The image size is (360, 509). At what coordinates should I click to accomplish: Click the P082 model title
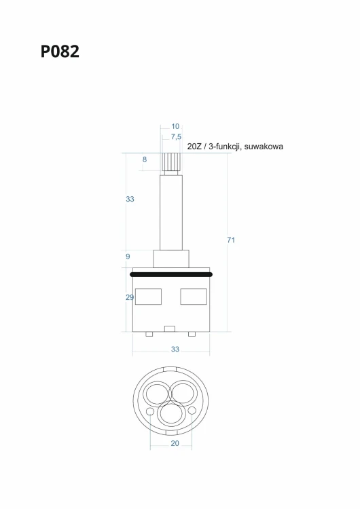coord(60,52)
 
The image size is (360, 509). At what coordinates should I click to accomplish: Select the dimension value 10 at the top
coord(175,126)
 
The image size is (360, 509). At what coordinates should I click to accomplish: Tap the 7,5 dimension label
coord(176,137)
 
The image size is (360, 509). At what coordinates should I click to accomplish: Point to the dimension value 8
coord(145,159)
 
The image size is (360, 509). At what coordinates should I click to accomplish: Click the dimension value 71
coord(231,240)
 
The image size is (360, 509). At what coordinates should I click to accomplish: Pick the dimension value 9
coord(128,257)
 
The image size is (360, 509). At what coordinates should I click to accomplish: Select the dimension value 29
coord(130,297)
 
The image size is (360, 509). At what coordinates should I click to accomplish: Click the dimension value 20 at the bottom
coord(175,443)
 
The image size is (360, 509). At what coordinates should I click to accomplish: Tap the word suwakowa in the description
coord(264,147)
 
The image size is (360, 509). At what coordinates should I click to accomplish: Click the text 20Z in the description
coord(194,147)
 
